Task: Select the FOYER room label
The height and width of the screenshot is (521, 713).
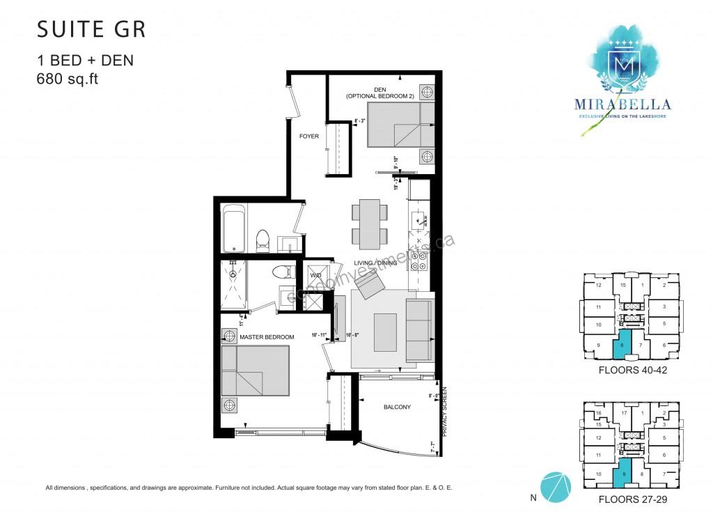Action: click(308, 137)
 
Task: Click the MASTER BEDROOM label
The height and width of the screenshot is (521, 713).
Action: click(267, 337)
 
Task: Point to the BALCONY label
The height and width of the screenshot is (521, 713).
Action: click(396, 407)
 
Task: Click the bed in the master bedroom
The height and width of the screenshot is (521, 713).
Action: click(255, 371)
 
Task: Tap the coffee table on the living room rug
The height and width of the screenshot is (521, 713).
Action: click(385, 332)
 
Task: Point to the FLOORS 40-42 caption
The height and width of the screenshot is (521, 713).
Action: click(633, 371)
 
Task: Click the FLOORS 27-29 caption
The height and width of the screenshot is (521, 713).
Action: click(633, 499)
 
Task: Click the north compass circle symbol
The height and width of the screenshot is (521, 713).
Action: click(555, 486)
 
